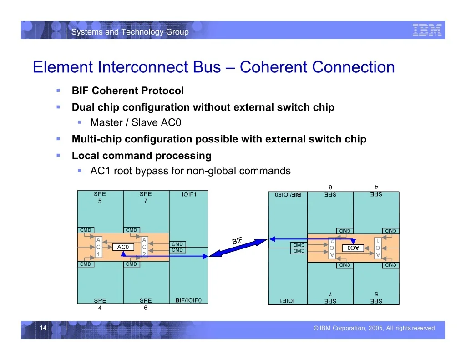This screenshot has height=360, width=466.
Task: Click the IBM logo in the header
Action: (x=427, y=30)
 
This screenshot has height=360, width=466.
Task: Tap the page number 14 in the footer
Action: (x=43, y=328)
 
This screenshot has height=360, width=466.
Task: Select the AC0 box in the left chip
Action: (x=123, y=247)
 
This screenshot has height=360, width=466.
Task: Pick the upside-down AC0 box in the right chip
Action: (x=353, y=248)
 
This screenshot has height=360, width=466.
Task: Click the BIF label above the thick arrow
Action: (x=237, y=240)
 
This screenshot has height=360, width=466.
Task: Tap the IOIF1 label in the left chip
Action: (x=189, y=194)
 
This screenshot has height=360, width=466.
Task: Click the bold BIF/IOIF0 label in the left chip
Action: (x=188, y=300)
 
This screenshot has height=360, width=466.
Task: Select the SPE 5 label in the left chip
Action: (x=100, y=198)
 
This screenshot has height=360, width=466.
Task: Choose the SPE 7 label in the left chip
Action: (x=146, y=198)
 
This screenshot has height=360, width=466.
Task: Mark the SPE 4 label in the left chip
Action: (x=100, y=304)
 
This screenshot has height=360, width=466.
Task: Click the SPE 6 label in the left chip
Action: (x=146, y=304)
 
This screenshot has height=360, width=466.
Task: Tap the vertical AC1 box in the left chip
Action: (x=98, y=247)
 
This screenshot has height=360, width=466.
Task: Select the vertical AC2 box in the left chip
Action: (x=144, y=247)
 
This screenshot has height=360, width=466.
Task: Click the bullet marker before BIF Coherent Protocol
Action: (x=58, y=91)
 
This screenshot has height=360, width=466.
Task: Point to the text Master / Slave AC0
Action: (x=136, y=122)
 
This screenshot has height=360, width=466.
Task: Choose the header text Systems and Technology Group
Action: (x=130, y=32)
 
